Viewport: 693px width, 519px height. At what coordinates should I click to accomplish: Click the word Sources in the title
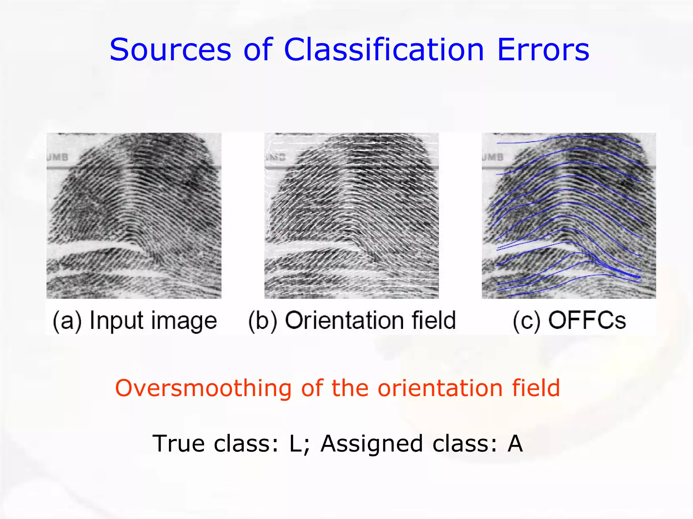170,50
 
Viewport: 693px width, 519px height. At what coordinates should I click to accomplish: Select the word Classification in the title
384,50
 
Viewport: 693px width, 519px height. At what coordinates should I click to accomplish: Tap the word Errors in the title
543,50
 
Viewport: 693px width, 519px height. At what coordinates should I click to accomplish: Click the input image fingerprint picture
134,216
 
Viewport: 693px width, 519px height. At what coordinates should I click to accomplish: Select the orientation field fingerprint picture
351,216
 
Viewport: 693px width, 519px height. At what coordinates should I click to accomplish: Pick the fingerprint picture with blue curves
568,216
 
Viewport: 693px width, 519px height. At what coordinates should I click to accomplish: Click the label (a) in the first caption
67,320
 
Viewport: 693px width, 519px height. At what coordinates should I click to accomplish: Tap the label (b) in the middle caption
263,320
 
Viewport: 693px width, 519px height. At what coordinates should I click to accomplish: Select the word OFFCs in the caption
587,320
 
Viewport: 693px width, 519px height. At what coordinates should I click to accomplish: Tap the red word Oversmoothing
203,388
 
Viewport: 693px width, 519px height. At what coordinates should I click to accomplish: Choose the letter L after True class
296,443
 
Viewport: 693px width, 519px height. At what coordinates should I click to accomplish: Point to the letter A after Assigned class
515,443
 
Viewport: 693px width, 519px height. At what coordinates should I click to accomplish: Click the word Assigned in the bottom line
372,443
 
